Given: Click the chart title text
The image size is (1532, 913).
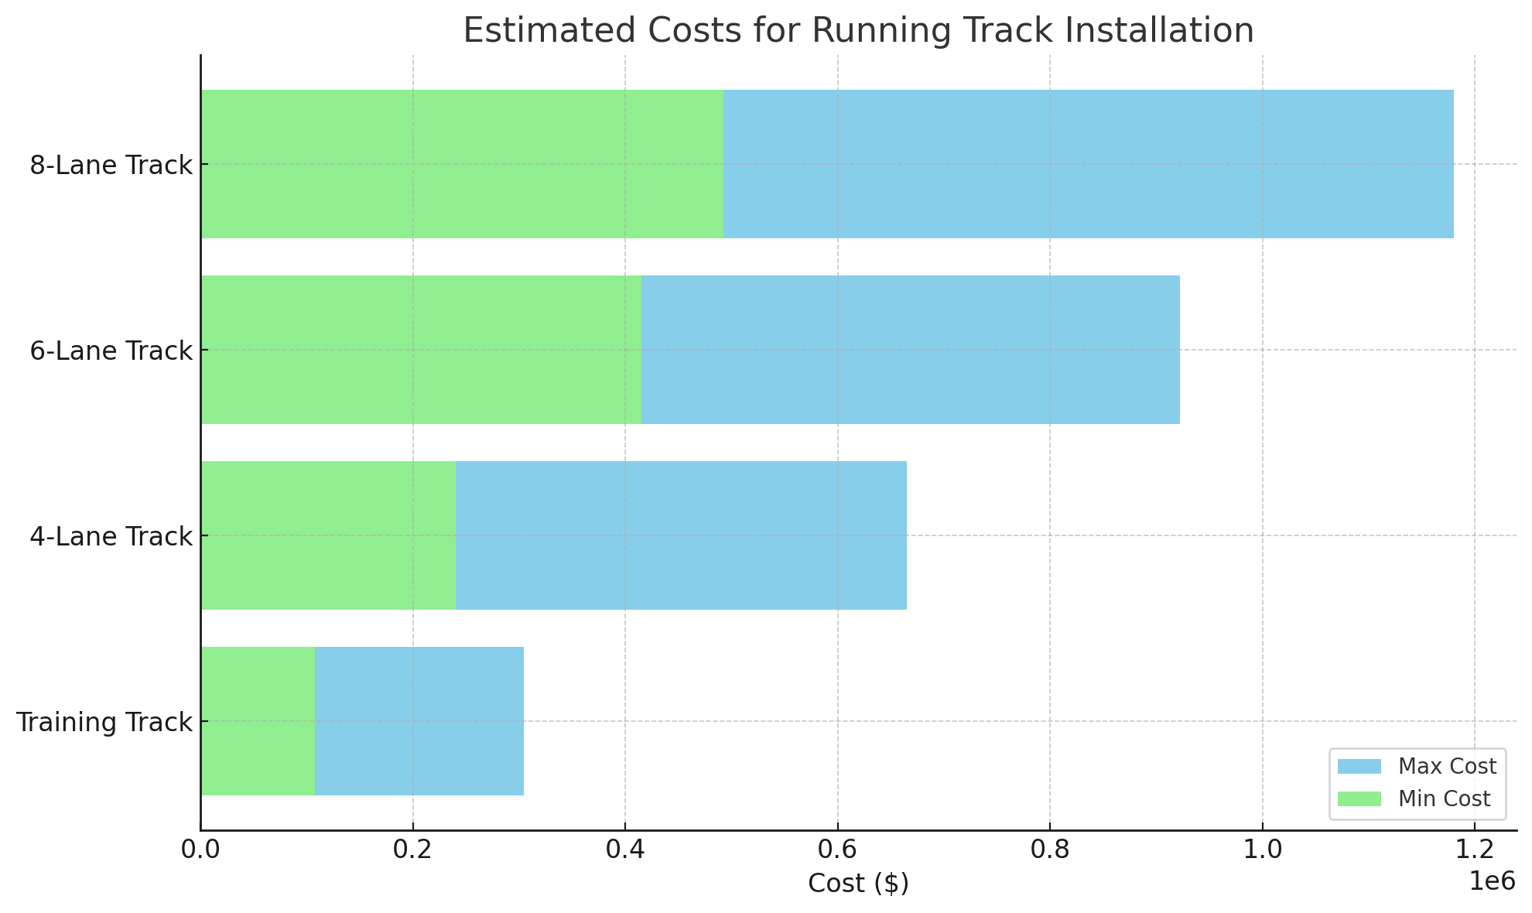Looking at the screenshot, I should [x=858, y=31].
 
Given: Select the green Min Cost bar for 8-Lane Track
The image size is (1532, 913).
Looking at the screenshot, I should [x=462, y=164].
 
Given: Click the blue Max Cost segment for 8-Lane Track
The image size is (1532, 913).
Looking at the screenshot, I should [x=1088, y=164].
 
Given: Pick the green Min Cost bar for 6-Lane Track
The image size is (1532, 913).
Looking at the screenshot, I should [x=421, y=350].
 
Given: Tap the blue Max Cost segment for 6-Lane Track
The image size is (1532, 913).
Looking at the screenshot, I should [x=910, y=350].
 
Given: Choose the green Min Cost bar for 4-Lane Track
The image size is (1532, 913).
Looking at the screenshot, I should [x=328, y=535].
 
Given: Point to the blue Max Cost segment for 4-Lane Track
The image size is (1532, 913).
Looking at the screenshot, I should [x=681, y=535].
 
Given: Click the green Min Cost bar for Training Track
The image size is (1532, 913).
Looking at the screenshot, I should [x=258, y=721].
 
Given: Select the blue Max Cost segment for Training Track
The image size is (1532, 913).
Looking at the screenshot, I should [x=419, y=721].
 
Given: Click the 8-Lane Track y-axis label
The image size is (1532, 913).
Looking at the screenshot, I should [x=111, y=166].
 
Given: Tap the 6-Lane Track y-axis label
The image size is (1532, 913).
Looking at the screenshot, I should [x=111, y=351].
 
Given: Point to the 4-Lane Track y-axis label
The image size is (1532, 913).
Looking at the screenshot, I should [x=111, y=537].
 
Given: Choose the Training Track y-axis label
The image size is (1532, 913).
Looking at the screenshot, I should [x=104, y=723].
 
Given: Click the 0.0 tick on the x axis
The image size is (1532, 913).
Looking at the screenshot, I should [x=201, y=850].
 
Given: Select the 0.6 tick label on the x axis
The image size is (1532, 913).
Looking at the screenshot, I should [x=837, y=850].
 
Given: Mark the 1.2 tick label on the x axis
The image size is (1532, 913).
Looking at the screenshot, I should [x=1475, y=850].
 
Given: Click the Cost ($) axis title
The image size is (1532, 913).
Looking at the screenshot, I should [x=858, y=884].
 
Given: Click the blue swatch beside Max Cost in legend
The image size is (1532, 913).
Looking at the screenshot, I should [x=1359, y=767].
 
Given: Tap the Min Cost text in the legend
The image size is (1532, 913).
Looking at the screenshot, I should [x=1444, y=799].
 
